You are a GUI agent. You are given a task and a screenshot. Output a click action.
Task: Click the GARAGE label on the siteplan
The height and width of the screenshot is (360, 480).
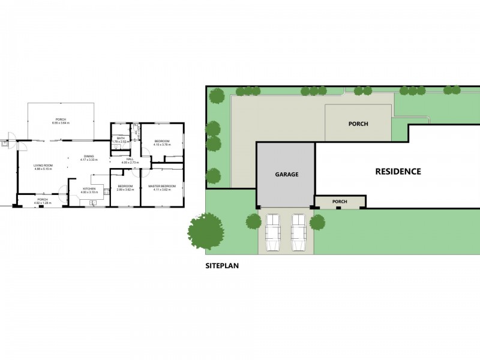pos(287,174)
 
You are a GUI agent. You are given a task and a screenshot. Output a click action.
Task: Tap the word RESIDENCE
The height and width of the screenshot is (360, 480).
pos(398,171)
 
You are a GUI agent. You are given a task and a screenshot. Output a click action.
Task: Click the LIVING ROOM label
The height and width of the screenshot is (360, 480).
pos(43,166)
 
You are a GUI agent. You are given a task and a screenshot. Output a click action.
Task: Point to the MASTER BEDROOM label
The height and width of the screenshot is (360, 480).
pos(162,186)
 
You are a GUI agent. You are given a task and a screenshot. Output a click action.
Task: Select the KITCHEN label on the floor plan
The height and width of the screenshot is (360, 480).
pos(89,189)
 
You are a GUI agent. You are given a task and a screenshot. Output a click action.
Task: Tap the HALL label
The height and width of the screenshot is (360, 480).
pos(130,159)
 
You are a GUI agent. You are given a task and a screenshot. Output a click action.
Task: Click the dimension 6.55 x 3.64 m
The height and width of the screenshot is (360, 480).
pos(61,123)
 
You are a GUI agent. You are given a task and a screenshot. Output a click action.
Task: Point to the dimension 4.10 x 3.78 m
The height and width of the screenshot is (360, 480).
pos(161,145)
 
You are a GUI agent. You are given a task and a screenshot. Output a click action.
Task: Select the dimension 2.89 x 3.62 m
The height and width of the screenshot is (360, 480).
pos(125,190)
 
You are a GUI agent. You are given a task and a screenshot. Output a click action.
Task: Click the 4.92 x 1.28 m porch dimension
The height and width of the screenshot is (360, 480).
pos(43,203)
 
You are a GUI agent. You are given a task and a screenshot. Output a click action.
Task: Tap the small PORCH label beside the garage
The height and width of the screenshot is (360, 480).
pos(340,202)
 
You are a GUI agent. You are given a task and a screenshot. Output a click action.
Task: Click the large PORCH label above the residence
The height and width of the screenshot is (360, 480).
pos(358,124)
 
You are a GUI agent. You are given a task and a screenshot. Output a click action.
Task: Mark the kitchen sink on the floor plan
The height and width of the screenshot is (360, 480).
pos(94,203)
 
